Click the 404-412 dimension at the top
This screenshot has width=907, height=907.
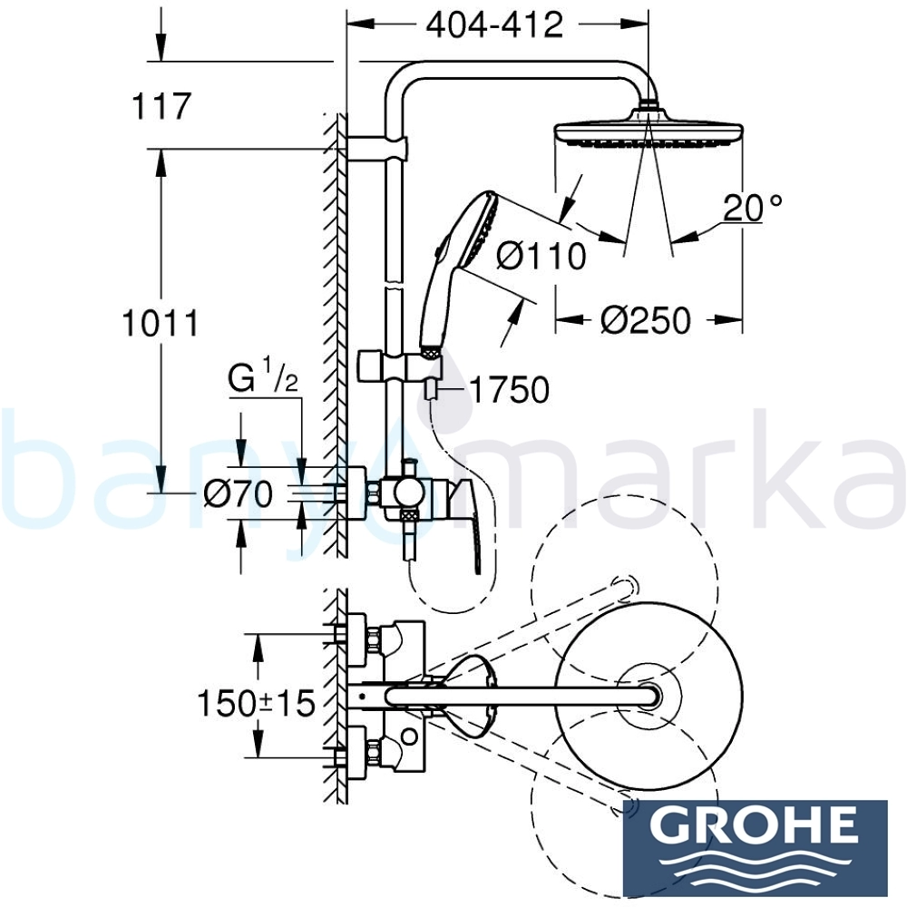494,25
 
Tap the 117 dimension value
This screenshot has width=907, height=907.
161,106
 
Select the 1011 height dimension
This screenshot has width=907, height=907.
161,322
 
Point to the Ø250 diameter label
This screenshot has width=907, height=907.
645,320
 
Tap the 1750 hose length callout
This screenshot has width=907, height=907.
510,389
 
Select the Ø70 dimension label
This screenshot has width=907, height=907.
238,494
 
